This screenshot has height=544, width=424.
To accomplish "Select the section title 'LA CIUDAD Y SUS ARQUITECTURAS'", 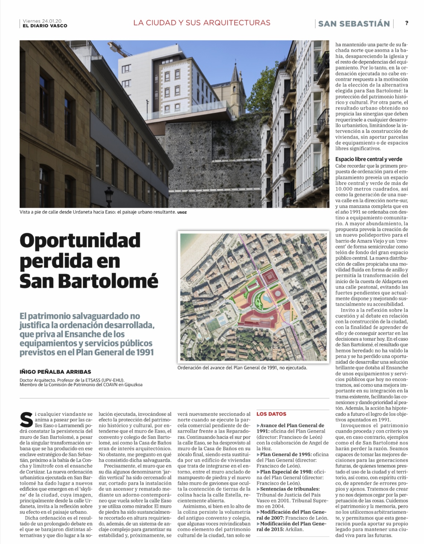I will [x=202, y=23].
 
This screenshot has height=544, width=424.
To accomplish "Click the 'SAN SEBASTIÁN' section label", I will [x=354, y=24].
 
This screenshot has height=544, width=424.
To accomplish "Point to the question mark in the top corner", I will [x=407, y=23].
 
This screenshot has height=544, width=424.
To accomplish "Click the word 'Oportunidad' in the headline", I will [x=80, y=240].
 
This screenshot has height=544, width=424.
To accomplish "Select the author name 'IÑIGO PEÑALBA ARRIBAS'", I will [x=55, y=372].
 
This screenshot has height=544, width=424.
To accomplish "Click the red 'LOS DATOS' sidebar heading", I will [x=271, y=414].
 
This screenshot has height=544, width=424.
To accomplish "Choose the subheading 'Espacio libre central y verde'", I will [x=369, y=159].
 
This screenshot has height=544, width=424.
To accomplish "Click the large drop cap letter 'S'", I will [x=26, y=419].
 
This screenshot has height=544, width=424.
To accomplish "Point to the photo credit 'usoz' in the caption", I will [x=182, y=212].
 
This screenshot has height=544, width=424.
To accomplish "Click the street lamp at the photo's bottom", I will [x=109, y=194].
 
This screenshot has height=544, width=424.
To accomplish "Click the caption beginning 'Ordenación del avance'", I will [x=242, y=367].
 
